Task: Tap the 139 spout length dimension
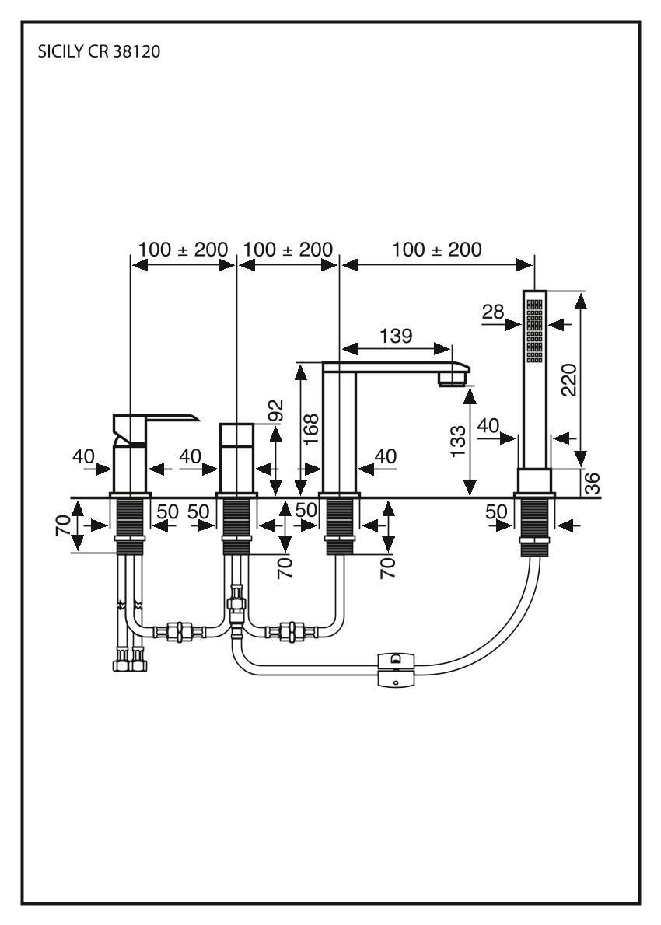[397, 336]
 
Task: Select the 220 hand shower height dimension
[569, 379]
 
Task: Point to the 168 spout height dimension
[311, 428]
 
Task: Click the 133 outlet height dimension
[459, 445]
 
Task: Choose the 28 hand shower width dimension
[493, 312]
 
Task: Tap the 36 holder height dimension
[593, 483]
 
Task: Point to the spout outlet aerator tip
[453, 379]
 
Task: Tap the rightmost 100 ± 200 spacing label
[437, 250]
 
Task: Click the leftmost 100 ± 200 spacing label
[183, 250]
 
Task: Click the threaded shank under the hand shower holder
[534, 525]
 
